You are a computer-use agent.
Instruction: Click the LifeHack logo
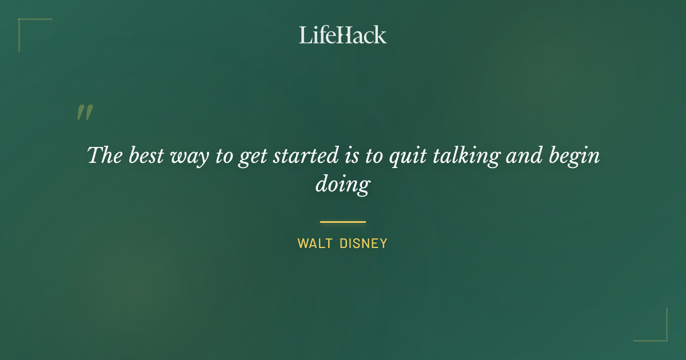point(343,35)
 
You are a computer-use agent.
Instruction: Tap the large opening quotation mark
point(85,113)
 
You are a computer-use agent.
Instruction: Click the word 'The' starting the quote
point(104,155)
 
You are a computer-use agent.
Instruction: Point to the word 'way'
point(190,157)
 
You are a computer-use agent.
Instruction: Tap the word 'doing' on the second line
point(343,185)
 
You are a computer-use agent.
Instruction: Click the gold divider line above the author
point(343,222)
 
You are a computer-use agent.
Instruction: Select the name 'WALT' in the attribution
point(314,243)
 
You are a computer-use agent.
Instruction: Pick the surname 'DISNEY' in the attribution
point(364,243)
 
